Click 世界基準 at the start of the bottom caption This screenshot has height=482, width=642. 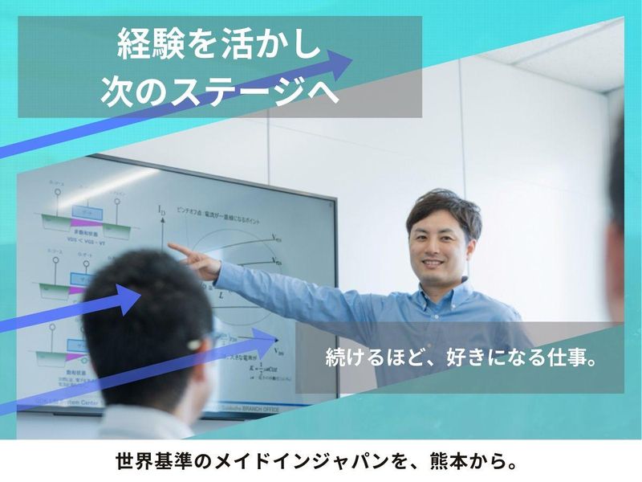156,463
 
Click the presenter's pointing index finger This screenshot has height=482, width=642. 173,248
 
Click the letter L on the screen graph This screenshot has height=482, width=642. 221,296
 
